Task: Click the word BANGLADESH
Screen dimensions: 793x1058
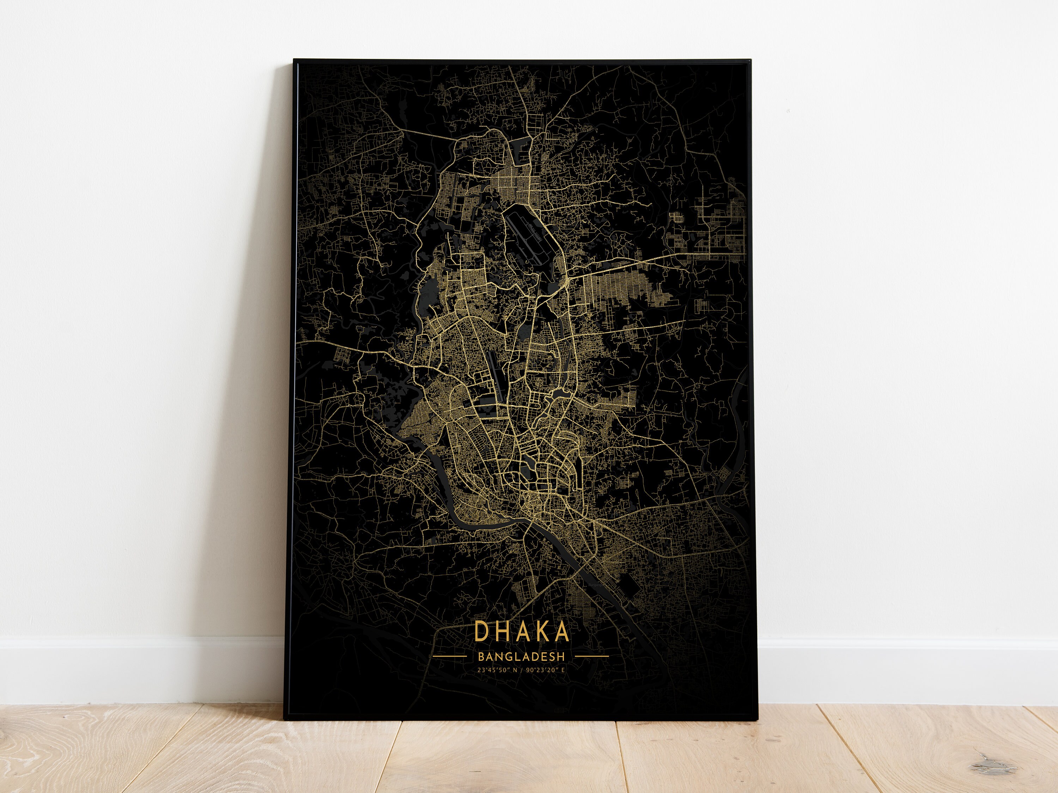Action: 521,656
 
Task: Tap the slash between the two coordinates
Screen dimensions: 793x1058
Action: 523,670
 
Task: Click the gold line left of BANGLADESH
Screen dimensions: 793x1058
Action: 450,656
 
